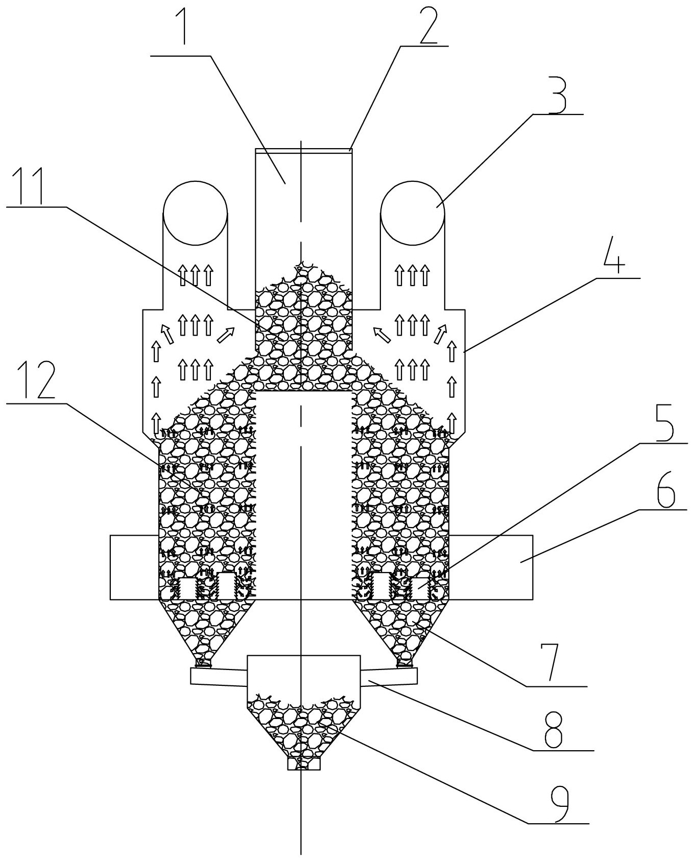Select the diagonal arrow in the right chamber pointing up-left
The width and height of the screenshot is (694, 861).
coord(381,334)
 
